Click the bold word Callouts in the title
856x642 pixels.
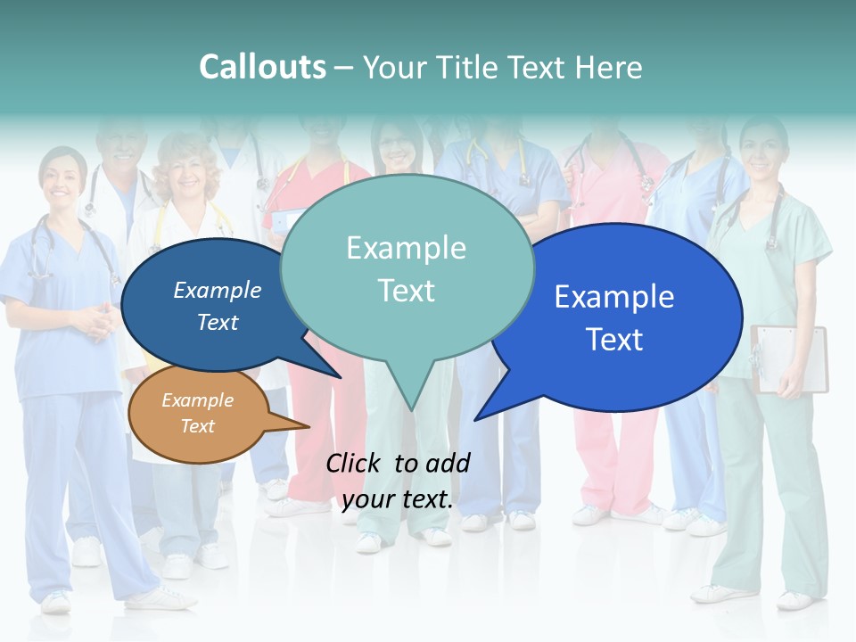(262, 67)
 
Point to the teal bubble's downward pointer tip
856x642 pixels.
(410, 407)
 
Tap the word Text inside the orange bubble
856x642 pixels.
(198, 426)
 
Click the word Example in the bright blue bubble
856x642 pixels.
(614, 297)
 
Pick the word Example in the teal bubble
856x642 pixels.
(406, 248)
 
